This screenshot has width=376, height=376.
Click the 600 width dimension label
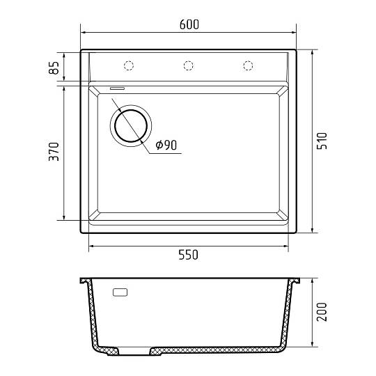pyautogui.click(x=189, y=24)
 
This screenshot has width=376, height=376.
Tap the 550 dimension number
pyautogui.click(x=188, y=255)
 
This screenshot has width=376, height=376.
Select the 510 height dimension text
pyautogui.click(x=322, y=141)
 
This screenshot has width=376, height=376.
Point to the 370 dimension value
pyautogui.click(x=54, y=152)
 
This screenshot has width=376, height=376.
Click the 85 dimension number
pyautogui.click(x=54, y=68)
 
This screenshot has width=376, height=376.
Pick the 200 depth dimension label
pyautogui.click(x=322, y=312)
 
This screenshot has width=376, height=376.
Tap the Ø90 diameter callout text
pyautogui.click(x=166, y=145)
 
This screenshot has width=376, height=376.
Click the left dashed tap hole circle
pyautogui.click(x=129, y=65)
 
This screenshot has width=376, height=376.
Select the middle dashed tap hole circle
pyautogui.click(x=188, y=65)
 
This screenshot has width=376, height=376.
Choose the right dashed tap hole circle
pyautogui.click(x=248, y=65)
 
